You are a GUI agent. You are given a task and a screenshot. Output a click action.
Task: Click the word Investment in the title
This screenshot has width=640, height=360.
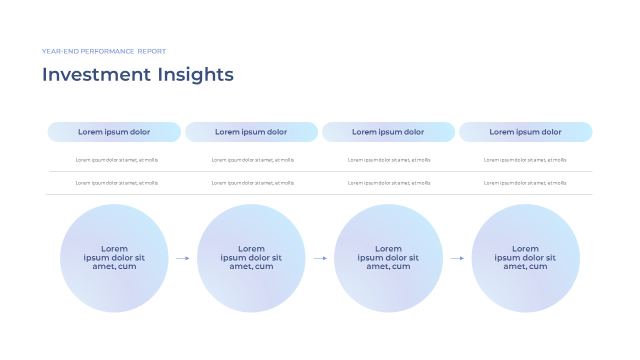[x=96, y=74]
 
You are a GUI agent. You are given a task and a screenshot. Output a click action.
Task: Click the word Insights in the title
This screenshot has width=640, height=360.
[x=195, y=74]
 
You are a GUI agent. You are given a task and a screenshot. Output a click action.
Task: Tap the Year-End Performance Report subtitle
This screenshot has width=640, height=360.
[x=104, y=51]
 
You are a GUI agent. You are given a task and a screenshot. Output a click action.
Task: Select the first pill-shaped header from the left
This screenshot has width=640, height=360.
[x=114, y=132]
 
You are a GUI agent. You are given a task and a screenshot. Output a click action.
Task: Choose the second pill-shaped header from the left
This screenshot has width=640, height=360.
[x=251, y=132]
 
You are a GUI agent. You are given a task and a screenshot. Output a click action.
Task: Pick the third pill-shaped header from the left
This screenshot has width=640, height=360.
[x=388, y=132]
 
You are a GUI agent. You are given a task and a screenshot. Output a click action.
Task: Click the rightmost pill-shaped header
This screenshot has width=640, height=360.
[x=525, y=132]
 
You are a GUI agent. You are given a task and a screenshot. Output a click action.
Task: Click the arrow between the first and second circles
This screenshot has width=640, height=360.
[x=182, y=258]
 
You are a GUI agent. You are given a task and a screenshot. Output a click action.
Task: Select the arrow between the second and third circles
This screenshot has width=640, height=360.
[x=320, y=258]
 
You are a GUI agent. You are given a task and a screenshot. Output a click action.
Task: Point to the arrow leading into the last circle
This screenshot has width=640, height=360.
[x=457, y=258]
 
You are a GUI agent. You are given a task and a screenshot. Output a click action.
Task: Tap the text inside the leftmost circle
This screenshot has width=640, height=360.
[x=114, y=257]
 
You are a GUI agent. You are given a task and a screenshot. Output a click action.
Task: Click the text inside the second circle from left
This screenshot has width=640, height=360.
[x=251, y=257]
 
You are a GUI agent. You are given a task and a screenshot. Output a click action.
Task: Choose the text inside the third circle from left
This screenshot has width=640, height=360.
[x=388, y=257]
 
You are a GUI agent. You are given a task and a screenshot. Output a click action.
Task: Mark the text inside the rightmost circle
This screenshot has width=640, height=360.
[x=525, y=257]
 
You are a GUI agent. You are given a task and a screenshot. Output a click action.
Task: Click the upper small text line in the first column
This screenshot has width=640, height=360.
[x=116, y=160]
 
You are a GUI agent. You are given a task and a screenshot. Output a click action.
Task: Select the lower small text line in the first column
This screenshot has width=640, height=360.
[x=116, y=183]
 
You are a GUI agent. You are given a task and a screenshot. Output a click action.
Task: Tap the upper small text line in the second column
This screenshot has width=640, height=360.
[x=252, y=160]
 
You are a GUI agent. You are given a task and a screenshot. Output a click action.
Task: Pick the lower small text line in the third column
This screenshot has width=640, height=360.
[x=389, y=183]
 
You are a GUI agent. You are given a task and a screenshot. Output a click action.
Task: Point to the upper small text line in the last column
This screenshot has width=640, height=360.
[x=525, y=160]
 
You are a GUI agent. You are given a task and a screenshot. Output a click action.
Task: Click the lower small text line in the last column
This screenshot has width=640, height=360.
[x=525, y=183]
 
